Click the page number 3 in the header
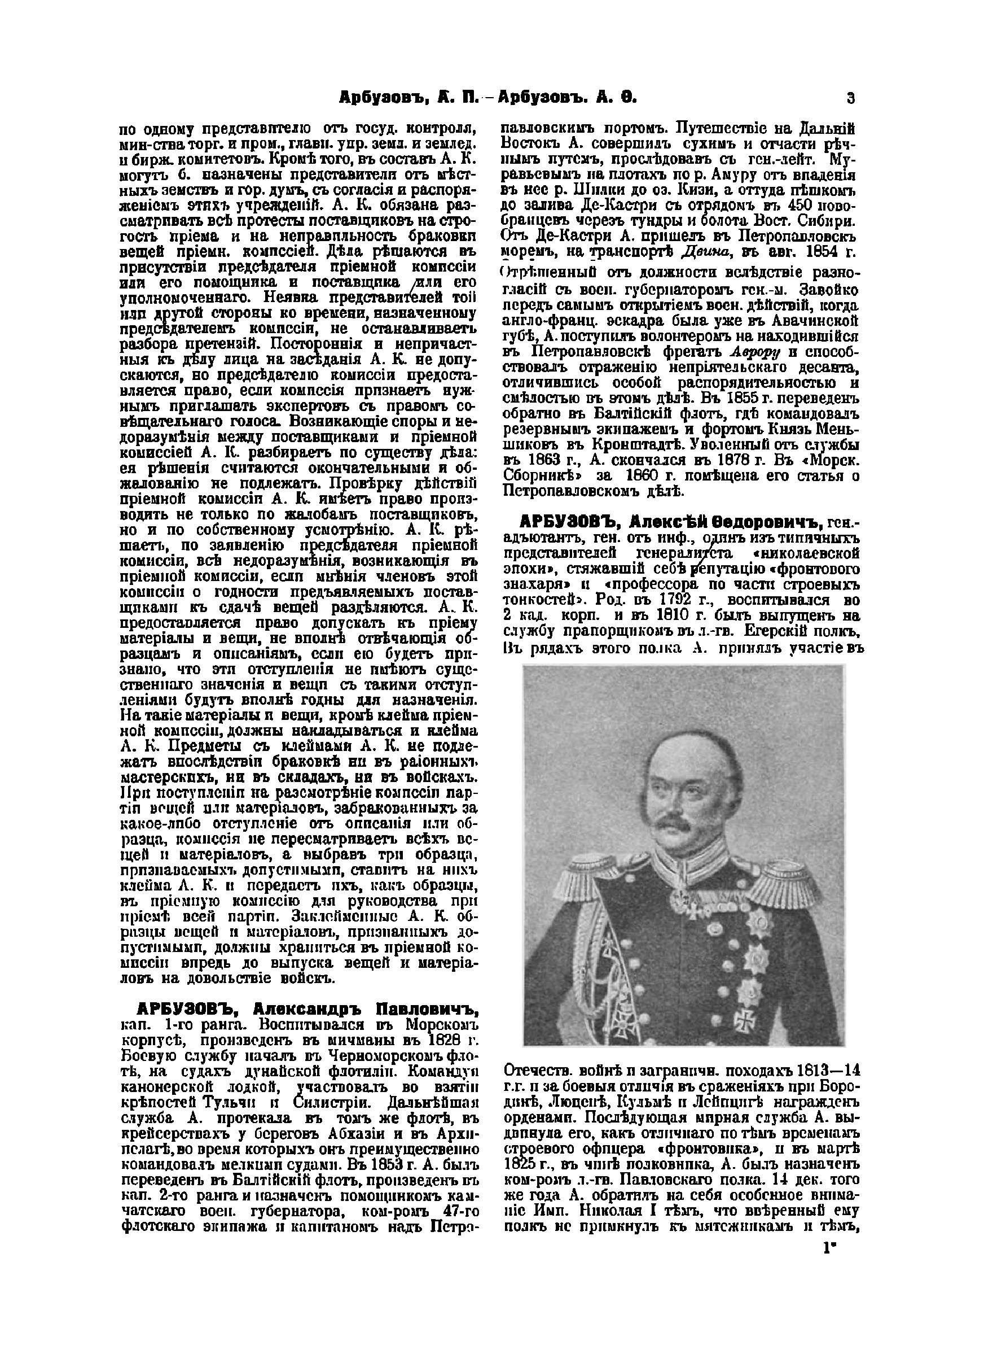click(850, 98)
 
